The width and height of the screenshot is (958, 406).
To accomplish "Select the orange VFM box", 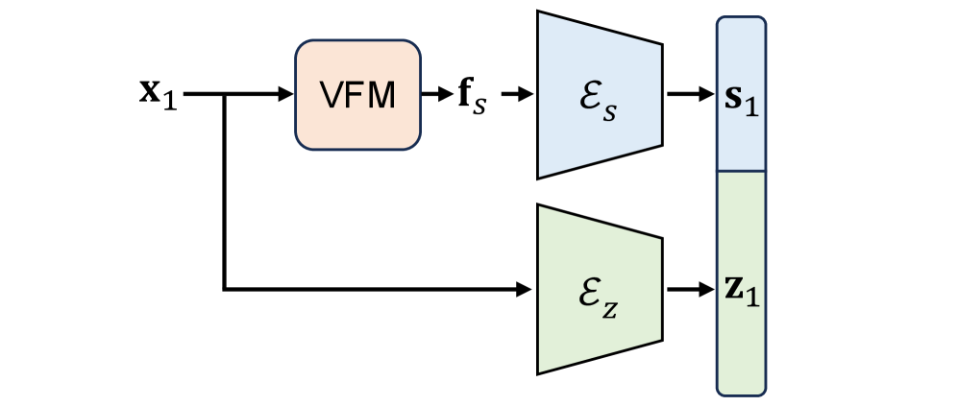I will [357, 94].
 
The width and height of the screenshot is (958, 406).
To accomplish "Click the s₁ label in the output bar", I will [741, 97].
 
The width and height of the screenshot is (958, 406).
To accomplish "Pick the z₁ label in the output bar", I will [741, 289].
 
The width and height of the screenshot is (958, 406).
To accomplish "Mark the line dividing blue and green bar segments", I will [741, 172].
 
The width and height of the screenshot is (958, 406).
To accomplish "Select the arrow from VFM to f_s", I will [436, 95].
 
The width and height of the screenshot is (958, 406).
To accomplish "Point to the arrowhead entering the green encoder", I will [526, 288].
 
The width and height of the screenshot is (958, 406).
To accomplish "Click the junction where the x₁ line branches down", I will [224, 95].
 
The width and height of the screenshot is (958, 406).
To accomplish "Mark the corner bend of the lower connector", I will [224, 288].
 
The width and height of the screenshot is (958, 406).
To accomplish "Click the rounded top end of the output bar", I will [741, 21].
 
